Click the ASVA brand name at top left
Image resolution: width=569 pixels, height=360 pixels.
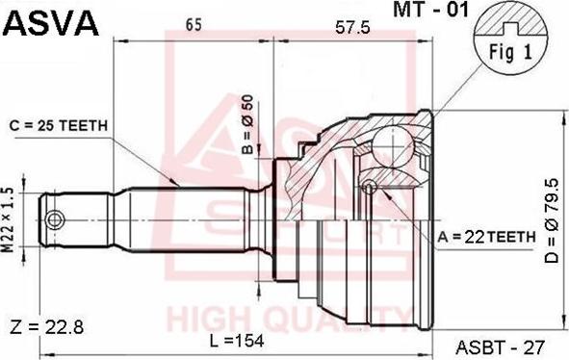[x=52, y=23]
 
